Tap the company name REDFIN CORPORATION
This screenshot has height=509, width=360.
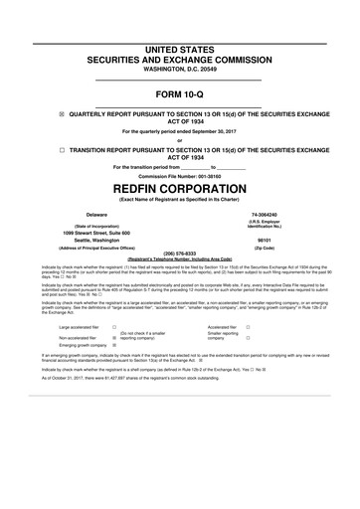179,186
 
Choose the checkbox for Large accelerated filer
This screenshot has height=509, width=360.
115,326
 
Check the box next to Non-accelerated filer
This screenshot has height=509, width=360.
115,337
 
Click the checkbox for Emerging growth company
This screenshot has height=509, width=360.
115,345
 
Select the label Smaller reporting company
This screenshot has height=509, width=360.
222,336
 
